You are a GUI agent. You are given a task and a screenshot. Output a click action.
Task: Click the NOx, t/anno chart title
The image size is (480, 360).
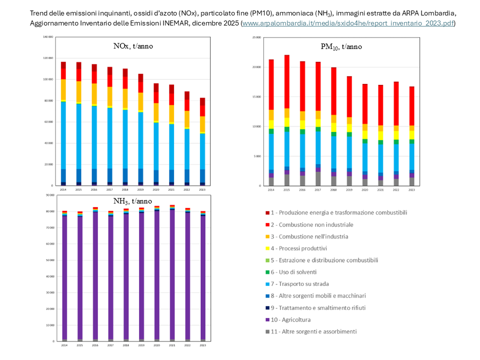click(x=132, y=46)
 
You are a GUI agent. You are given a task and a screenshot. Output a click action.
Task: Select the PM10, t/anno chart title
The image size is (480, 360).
click(x=341, y=47)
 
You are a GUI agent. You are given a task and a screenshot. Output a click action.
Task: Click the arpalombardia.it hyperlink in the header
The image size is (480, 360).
click(x=348, y=23)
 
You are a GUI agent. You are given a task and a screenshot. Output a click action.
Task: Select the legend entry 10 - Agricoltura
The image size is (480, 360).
click(x=289, y=319)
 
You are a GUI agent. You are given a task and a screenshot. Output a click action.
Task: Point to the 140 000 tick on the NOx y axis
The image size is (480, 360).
click(x=49, y=37)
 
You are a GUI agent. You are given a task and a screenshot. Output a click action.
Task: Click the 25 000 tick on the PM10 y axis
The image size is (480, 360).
click(x=257, y=37)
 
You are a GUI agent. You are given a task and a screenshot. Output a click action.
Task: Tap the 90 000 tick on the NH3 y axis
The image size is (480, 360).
click(x=50, y=195)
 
